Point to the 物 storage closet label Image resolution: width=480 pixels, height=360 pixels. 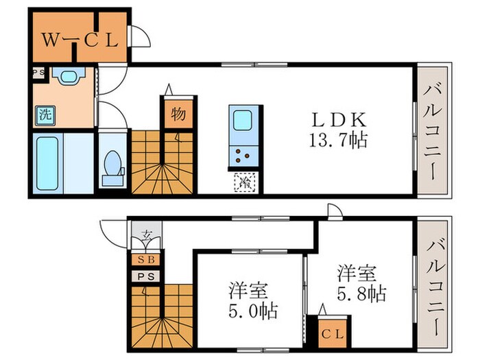point(176,115)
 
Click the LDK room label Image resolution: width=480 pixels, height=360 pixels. point(339,117)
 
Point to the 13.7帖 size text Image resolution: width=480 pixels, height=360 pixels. point(339,141)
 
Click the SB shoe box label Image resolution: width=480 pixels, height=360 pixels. point(146,261)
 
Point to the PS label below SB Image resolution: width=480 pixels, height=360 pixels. point(146,276)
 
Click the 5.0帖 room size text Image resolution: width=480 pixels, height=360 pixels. point(253,312)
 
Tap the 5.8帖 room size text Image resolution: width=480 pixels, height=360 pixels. point(361,294)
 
